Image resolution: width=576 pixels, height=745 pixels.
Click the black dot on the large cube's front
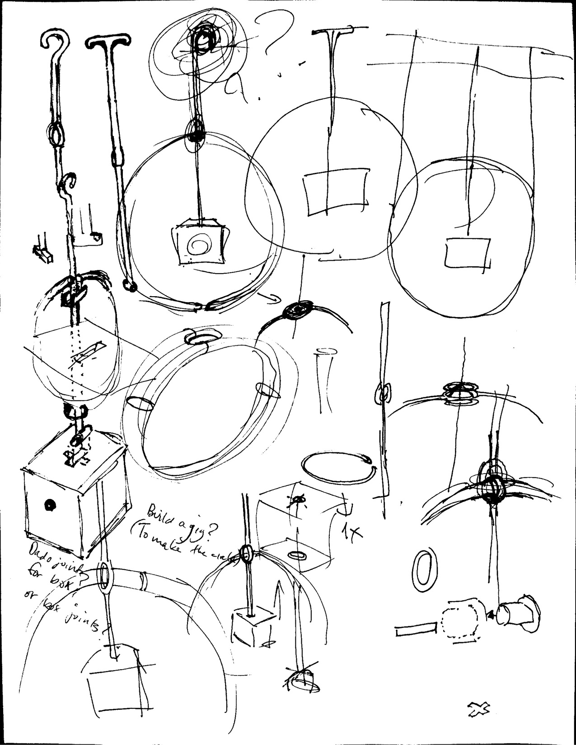(x=48, y=505)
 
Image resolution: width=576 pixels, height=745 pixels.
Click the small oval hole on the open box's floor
(x=297, y=554)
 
